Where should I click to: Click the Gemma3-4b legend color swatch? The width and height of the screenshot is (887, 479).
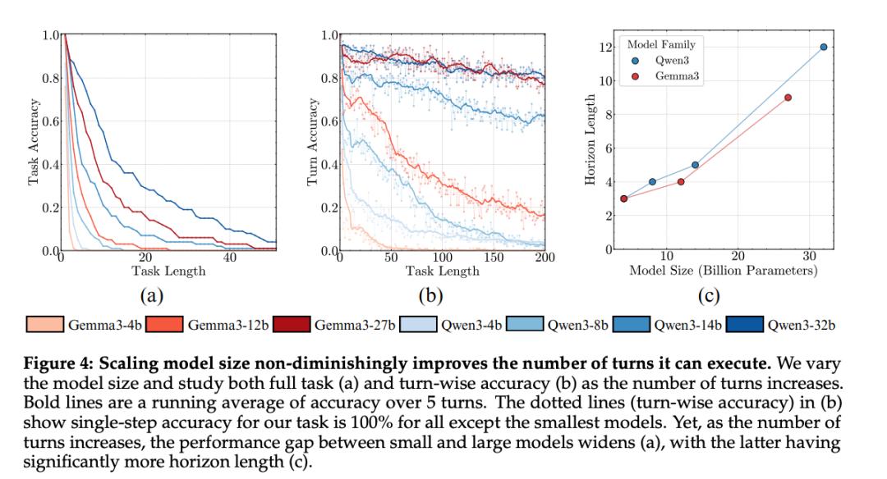(46, 325)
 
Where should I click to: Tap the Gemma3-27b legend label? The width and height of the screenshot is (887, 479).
(353, 326)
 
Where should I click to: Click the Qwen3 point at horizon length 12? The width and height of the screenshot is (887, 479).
(824, 47)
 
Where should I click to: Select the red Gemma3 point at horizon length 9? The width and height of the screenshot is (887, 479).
(788, 98)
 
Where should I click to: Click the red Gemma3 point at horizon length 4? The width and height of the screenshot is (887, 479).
(681, 182)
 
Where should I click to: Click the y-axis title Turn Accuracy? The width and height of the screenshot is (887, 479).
(312, 144)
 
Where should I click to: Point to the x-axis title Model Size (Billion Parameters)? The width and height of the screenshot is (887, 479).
(723, 271)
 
